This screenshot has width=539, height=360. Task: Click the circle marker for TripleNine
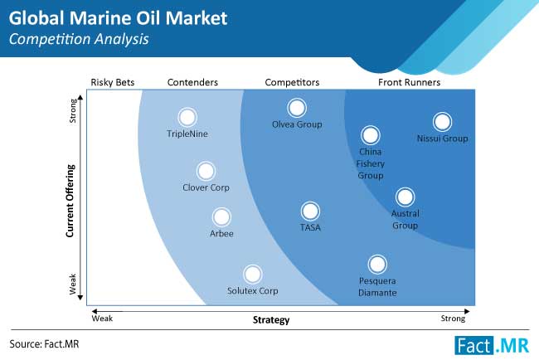(x=187, y=117)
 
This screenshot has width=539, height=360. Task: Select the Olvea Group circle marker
(x=297, y=108)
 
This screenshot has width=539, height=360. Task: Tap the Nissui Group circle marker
(x=442, y=122)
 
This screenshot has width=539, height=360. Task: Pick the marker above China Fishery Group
(x=370, y=135)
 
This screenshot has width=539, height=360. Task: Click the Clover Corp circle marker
(x=206, y=171)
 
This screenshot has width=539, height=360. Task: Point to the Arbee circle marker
(x=221, y=217)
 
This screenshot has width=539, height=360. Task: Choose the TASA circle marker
(x=310, y=212)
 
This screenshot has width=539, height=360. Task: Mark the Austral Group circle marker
(x=405, y=197)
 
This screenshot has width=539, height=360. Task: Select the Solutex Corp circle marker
(x=253, y=275)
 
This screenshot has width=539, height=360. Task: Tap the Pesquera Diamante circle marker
(x=377, y=264)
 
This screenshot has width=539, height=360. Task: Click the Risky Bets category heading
(x=113, y=82)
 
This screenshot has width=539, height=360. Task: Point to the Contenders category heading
(x=192, y=82)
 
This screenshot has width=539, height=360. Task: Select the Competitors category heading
(x=292, y=82)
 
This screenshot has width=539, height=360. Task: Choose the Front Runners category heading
(x=409, y=82)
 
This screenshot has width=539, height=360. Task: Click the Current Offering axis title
(x=70, y=201)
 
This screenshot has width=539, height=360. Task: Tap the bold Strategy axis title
(x=271, y=320)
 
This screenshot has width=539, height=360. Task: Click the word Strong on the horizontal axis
(x=453, y=319)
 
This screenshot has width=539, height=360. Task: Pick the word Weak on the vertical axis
(x=72, y=284)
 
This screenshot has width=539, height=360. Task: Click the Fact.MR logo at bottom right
(x=492, y=346)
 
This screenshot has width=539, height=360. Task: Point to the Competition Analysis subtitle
(x=79, y=39)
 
